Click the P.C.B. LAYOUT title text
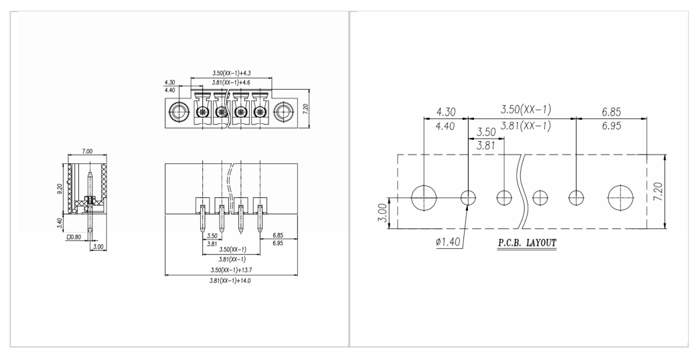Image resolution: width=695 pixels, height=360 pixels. tap(526, 243)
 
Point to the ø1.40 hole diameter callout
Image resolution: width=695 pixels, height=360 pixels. tap(448, 242)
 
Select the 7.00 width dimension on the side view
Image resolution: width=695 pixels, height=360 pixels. tap(87, 151)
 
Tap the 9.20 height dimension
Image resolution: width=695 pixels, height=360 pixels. tap(60, 188)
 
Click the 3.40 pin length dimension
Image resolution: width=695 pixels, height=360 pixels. tap(60, 223)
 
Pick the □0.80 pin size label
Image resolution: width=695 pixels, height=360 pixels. tap(74, 237)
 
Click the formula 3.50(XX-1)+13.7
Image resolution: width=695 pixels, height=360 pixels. tap(232, 270)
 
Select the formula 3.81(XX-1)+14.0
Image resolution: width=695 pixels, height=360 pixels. tap(230, 280)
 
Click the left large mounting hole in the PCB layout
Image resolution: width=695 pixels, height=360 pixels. tap(424, 197)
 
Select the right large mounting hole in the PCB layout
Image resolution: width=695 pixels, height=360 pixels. tap(621, 197)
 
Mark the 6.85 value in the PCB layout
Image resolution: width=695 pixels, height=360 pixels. tap(611, 112)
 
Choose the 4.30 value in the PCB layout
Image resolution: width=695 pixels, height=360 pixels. tap(445, 112)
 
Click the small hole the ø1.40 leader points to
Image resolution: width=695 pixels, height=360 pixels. tap(468, 197)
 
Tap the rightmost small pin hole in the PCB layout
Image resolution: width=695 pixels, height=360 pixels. tap(576, 197)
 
